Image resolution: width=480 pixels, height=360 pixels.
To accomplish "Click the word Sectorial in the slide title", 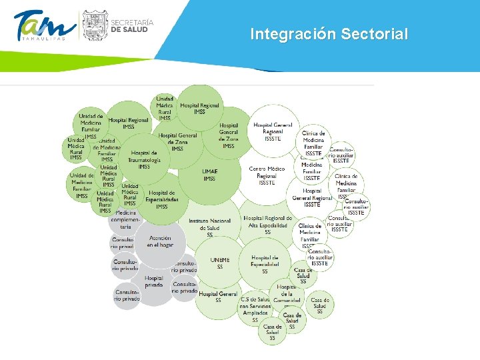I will click(x=375, y=34).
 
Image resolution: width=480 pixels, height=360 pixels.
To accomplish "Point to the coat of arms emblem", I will click(x=93, y=25).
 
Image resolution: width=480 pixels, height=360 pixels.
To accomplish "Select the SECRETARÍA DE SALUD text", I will click(x=131, y=25).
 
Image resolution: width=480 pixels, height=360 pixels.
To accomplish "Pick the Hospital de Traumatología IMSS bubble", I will click(x=144, y=160).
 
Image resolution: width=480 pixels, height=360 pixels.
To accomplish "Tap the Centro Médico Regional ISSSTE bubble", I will click(x=267, y=175).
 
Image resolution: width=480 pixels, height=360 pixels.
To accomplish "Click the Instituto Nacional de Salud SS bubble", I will click(x=210, y=227).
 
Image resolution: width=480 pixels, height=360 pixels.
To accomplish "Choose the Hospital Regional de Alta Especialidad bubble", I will click(x=267, y=225).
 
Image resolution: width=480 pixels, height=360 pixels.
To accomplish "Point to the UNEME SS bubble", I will click(x=219, y=263).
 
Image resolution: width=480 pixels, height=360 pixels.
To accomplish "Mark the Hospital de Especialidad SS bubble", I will click(x=265, y=264).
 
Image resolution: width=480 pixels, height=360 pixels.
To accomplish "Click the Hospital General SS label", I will click(x=218, y=297).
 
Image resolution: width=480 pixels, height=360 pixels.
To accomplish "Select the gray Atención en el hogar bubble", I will click(x=160, y=241).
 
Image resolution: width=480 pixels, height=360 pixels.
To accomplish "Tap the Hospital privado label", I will click(x=154, y=281).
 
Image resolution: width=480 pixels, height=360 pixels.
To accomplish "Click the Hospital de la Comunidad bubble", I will click(x=287, y=293).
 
